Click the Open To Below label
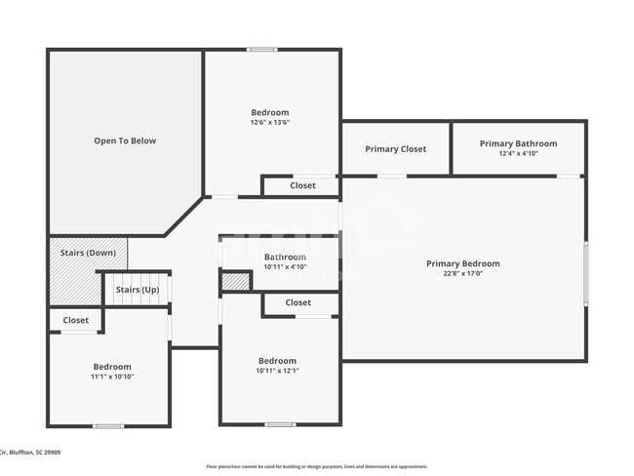[x=125, y=140]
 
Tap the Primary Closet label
[x=395, y=149]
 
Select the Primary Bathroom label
[x=518, y=143]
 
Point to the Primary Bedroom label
[x=462, y=263]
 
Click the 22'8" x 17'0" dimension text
[x=462, y=273]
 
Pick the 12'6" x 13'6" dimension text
[x=269, y=122]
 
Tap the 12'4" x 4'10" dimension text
[x=518, y=153]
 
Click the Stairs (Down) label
[x=88, y=253]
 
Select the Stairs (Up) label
[x=137, y=290]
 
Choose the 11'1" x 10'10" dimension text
[x=111, y=377]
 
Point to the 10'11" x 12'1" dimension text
[x=277, y=371]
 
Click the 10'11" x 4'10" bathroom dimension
[x=285, y=266]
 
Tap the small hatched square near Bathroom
[x=235, y=282]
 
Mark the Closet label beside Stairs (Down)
[x=75, y=320]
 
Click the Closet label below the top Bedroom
[x=302, y=185]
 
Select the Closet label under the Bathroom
[x=298, y=303]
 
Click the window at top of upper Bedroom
[x=261, y=50]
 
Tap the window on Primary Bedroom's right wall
[x=585, y=273]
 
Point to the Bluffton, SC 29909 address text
[x=29, y=453]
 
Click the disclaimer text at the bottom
[x=316, y=466]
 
